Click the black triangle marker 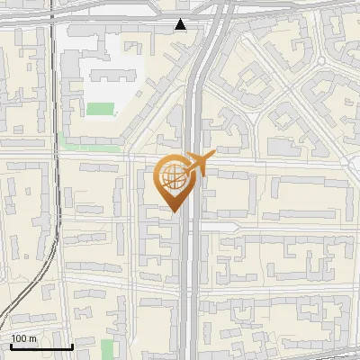(181, 24)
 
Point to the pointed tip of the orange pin (172, 211)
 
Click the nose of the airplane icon (213, 157)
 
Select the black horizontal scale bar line (41, 346)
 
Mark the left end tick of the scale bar (12, 345)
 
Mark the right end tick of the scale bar (72, 345)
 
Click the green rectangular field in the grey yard (101, 110)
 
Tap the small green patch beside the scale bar (108, 349)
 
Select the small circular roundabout (320, 61)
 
